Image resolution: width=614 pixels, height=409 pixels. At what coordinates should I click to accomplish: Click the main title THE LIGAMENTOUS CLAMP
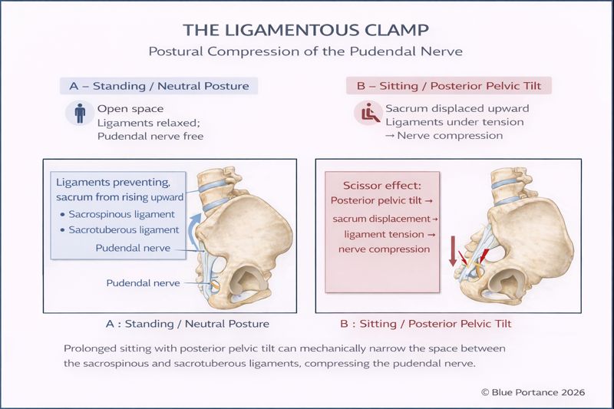[307, 30]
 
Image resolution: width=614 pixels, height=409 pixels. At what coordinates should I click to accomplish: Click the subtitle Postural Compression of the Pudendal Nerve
[307, 53]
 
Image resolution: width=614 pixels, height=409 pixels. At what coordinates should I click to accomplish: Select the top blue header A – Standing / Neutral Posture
[160, 86]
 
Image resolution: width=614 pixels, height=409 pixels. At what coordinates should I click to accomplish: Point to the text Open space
[130, 108]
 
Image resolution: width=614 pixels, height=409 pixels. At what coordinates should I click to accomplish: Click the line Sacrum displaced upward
[457, 108]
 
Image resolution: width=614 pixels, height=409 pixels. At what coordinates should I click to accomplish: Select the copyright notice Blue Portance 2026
[533, 391]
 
